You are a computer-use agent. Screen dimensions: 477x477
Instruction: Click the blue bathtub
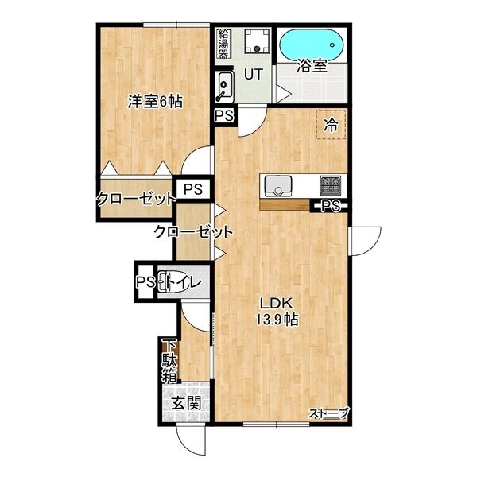pyautogui.click(x=312, y=45)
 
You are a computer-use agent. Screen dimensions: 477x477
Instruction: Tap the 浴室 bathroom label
pyautogui.click(x=312, y=66)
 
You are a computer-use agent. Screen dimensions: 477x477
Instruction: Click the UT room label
pyautogui.click(x=254, y=74)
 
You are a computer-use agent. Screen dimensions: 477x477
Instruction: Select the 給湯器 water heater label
pyautogui.click(x=223, y=44)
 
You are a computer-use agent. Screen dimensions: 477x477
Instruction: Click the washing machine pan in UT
pyautogui.click(x=258, y=41)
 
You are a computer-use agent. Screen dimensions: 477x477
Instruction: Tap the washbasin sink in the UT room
pyautogui.click(x=224, y=87)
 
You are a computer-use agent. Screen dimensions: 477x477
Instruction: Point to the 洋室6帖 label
pyautogui.click(x=155, y=102)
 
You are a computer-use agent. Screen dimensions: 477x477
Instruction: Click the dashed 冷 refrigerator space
pyautogui.click(x=332, y=125)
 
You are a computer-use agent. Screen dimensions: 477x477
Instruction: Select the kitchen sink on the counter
pyautogui.click(x=278, y=186)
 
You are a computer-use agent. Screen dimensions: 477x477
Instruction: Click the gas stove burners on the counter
pyautogui.click(x=330, y=185)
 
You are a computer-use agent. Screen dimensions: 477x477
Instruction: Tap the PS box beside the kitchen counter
pyautogui.click(x=331, y=206)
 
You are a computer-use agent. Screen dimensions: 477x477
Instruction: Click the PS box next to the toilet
pyautogui.click(x=145, y=281)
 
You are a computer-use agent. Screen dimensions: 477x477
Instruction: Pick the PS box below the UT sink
pyautogui.click(x=224, y=115)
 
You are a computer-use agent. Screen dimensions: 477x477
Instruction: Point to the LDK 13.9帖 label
pyautogui.click(x=277, y=311)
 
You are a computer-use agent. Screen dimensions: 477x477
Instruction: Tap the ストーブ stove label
pyautogui.click(x=328, y=413)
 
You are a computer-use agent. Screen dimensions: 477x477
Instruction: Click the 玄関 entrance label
pyautogui.click(x=187, y=404)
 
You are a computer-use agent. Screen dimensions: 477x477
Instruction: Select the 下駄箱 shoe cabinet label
pyautogui.click(x=169, y=362)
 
